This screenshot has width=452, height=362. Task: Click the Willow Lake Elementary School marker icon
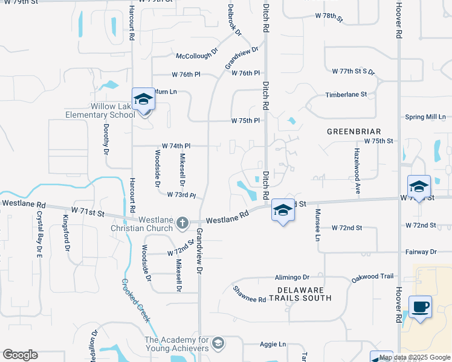[143, 99]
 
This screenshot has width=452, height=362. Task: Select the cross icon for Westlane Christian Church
[182, 224]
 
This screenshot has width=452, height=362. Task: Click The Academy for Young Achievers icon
[218, 344]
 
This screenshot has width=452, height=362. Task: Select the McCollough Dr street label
[196, 56]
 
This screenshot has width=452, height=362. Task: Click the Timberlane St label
[346, 95]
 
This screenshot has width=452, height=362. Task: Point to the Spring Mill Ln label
[425, 117]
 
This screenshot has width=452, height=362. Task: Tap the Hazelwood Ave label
[357, 171]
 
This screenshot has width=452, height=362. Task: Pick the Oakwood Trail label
[373, 277]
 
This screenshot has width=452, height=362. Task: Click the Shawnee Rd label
[250, 294]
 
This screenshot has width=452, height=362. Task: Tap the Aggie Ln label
[273, 344]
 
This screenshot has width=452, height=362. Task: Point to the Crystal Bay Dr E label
[40, 230]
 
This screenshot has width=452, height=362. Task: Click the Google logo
[21, 355]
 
